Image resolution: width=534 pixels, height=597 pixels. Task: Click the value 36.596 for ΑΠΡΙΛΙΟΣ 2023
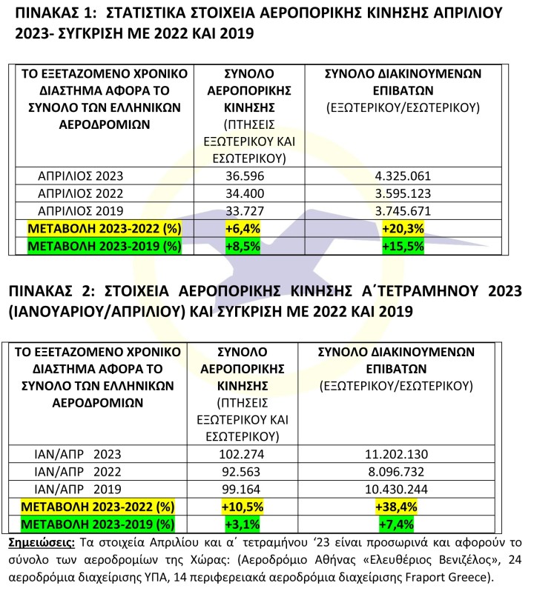point(244,176)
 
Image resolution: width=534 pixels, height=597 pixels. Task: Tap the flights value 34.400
point(244,193)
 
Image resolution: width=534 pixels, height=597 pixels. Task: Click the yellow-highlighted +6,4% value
point(243,227)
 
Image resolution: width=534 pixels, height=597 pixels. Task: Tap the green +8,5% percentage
point(243,244)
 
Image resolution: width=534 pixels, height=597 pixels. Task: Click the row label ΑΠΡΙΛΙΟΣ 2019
point(80,210)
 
